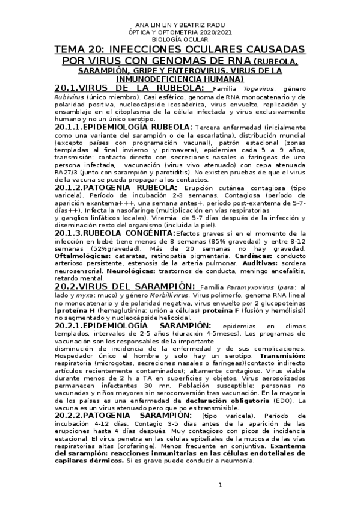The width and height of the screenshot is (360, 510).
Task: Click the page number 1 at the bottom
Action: tap(220, 485)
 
